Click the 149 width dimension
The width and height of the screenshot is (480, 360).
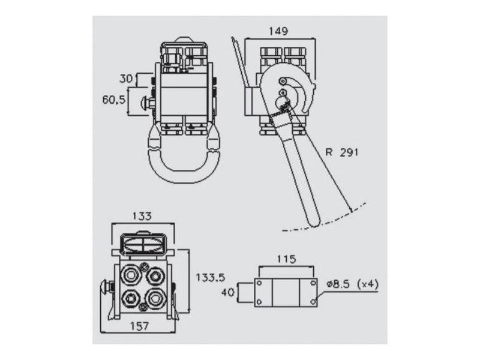point(278,31)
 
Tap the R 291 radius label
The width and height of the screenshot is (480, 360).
point(342,152)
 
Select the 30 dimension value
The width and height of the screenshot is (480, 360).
point(126,78)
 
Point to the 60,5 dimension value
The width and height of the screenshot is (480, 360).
point(113,100)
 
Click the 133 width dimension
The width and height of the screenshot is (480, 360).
point(142,216)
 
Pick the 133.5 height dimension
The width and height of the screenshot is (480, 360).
point(211,277)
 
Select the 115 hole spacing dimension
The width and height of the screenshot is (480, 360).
point(286,259)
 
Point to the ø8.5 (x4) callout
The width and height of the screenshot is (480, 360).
point(352,283)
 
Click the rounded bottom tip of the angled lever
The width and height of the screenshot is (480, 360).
point(314,222)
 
